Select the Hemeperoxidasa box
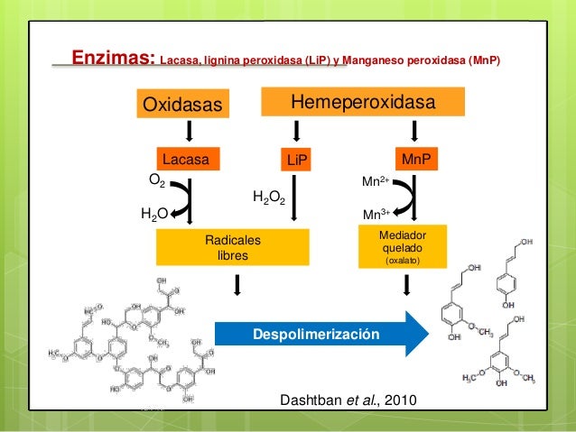coord(362,102)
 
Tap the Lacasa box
coord(190,160)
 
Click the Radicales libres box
coord(232,249)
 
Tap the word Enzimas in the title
coord(113,60)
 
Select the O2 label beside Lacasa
coord(156,181)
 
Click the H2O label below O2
coord(153,215)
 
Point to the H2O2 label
coord(269,198)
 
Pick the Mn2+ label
coord(376,181)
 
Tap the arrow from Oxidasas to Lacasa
coord(190,133)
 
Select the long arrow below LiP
coord(296,198)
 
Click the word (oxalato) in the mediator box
coord(403,262)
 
